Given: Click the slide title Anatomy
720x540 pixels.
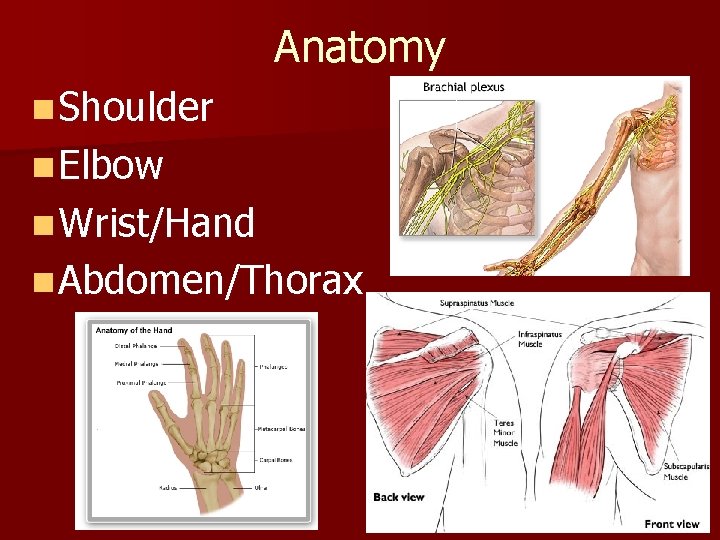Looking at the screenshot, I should (359, 47).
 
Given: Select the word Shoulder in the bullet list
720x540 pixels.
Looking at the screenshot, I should (135, 107).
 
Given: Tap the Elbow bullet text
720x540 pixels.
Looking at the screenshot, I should (110, 165).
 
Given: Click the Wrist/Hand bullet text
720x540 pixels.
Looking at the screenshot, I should (156, 223).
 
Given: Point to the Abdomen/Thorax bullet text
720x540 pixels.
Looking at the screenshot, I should (209, 281).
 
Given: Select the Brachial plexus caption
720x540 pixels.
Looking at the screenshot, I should (463, 87).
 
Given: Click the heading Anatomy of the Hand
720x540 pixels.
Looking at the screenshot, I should (134, 330).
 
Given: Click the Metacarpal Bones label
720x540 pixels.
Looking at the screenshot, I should (283, 428).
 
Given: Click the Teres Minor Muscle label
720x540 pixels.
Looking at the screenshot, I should (505, 433).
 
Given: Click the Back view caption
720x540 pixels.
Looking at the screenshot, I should (400, 497).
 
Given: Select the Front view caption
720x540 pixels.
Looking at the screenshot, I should (672, 523).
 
